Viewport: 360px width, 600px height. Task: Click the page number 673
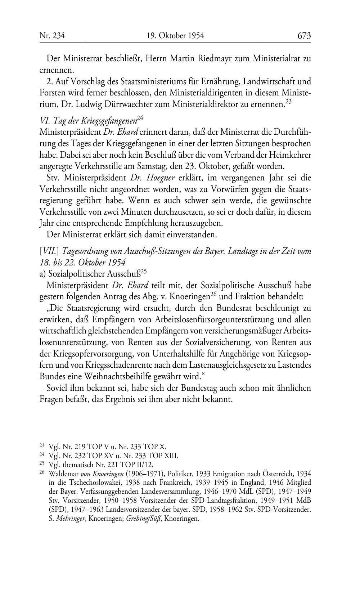point(304,36)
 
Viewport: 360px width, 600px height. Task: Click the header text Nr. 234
point(52,36)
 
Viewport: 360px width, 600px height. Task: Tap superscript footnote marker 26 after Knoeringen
point(214,294)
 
